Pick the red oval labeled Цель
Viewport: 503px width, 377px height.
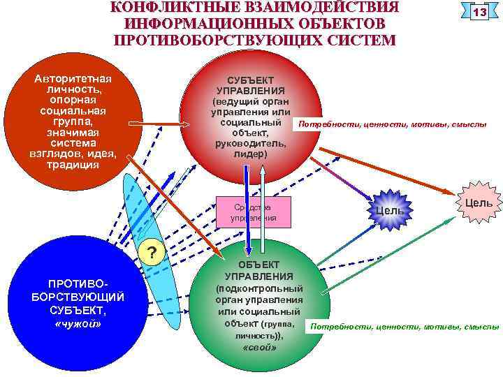pos(479,203)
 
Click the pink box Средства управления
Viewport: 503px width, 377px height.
pos(254,212)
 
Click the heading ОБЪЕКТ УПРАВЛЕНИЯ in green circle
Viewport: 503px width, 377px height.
pos(259,271)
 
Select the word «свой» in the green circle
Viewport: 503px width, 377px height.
pos(259,347)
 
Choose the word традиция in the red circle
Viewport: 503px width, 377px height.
pos(73,165)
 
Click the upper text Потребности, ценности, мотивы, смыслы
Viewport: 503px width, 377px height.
pos(392,124)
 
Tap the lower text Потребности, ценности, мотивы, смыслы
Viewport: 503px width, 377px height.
pos(405,326)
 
